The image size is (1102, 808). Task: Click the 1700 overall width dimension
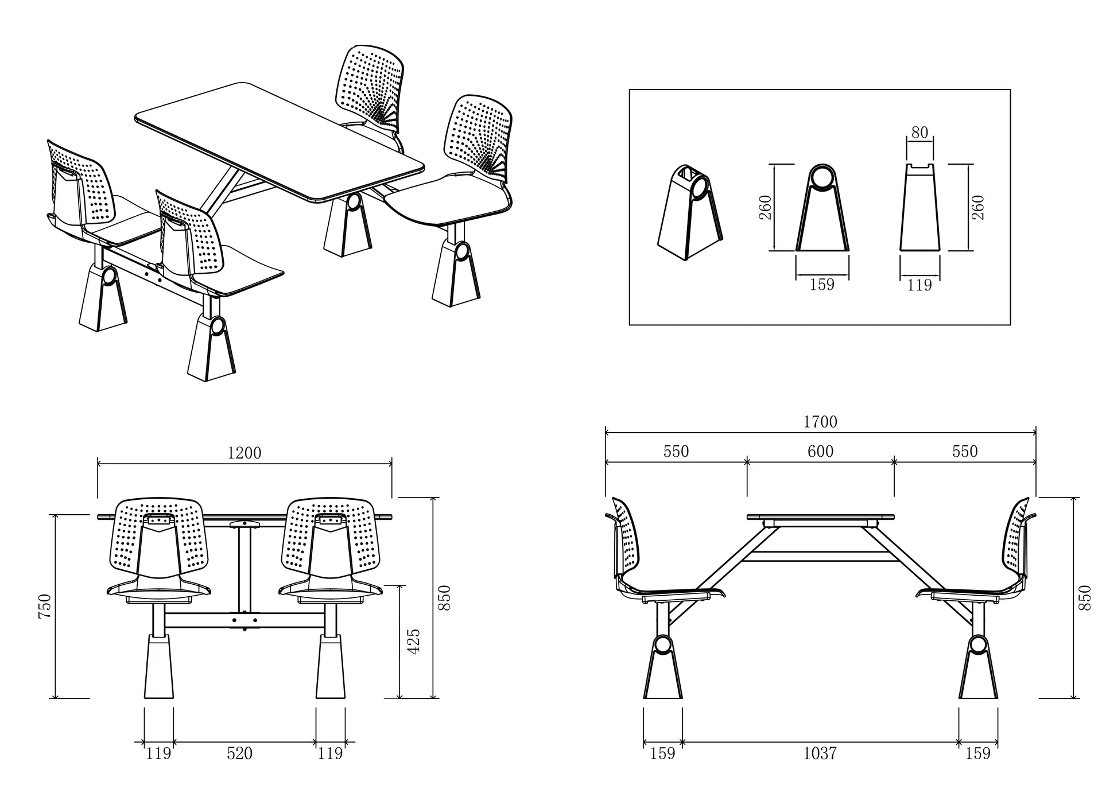pos(820,422)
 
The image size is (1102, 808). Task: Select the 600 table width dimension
pos(820,452)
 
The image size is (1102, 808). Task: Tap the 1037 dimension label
pos(820,753)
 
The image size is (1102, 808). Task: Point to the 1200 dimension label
pos(245,453)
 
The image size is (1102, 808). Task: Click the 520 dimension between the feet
pos(239,753)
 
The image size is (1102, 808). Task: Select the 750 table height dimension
pos(45,606)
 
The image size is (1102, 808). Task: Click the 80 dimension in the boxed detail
pos(919,133)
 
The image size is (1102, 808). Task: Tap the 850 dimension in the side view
pos(1084,597)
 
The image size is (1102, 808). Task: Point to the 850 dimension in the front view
pos(444,597)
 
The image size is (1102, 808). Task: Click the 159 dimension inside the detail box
pos(822,285)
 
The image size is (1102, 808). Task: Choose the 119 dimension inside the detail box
pos(919,285)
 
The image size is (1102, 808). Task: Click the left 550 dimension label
pos(676,452)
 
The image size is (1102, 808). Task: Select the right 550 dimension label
pos(965,452)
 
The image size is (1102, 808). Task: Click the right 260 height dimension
pos(979,208)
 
